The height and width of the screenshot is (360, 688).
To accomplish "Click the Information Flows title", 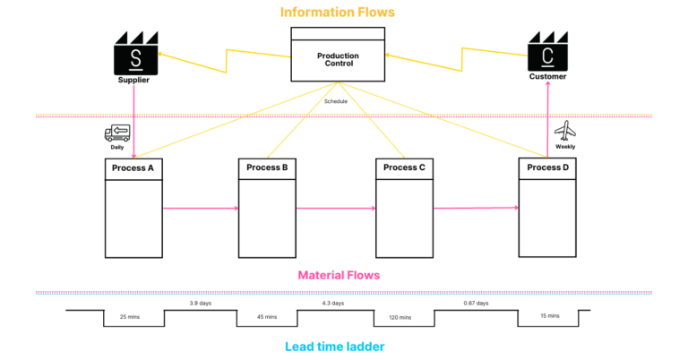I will [x=337, y=12].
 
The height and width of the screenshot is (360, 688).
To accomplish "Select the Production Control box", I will [x=338, y=56].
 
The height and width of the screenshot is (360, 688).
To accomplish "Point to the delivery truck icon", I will [x=117, y=133].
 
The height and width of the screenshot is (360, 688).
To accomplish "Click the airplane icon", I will [x=565, y=132].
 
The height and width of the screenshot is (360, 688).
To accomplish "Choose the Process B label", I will [x=267, y=167].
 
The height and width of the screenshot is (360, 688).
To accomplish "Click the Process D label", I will [x=548, y=167].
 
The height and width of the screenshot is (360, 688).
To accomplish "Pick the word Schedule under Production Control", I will [x=336, y=101].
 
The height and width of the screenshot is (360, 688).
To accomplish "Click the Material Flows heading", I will [x=338, y=275].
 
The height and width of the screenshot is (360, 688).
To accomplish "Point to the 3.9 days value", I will [x=201, y=304].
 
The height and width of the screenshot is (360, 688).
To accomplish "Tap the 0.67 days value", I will [x=476, y=304].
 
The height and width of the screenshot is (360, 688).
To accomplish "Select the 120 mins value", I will [x=400, y=317].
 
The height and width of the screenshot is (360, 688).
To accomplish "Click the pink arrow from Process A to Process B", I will [x=201, y=209].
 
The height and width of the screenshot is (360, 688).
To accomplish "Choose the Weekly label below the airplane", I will [x=565, y=147].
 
